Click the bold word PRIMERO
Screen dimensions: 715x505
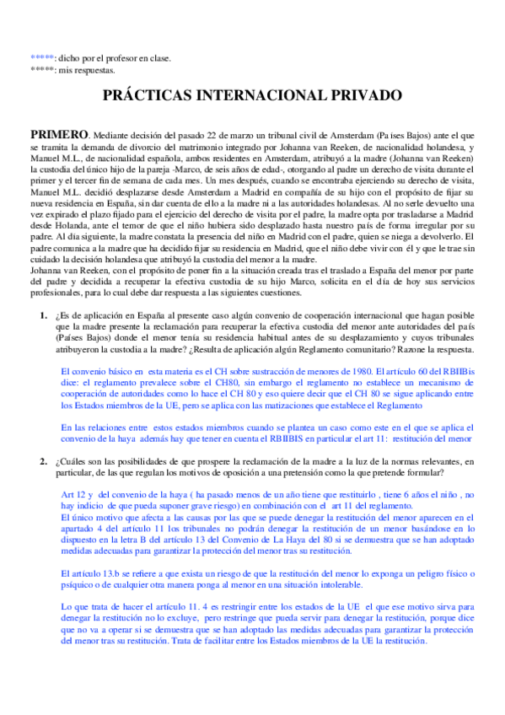pos(59,134)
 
